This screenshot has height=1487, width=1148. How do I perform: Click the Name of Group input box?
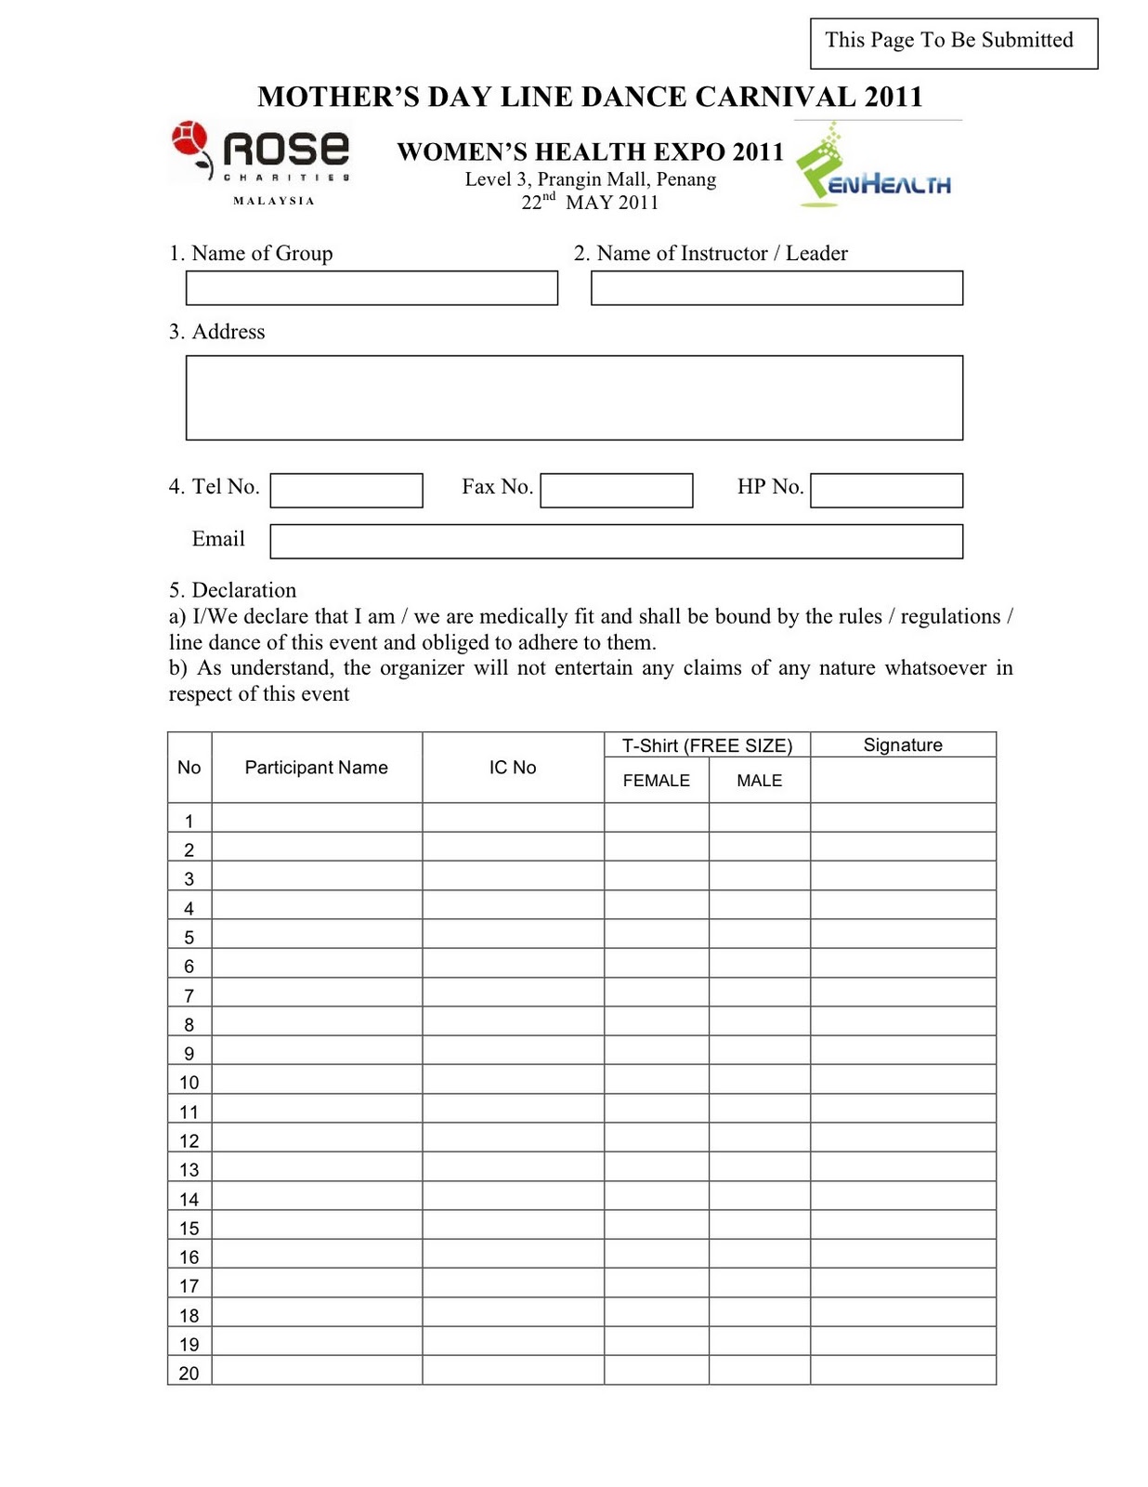pyautogui.click(x=372, y=288)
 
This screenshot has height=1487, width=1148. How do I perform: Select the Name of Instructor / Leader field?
pyautogui.click(x=776, y=288)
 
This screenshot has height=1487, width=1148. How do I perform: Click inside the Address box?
pyautogui.click(x=574, y=398)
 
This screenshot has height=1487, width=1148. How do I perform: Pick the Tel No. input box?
pyautogui.click(x=346, y=491)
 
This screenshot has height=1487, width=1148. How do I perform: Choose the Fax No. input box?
pyautogui.click(x=617, y=491)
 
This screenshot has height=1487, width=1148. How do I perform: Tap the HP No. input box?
pyautogui.click(x=886, y=491)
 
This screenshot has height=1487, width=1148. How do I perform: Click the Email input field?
pyautogui.click(x=616, y=542)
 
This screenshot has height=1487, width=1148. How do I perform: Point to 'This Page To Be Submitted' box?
pyautogui.click(x=953, y=43)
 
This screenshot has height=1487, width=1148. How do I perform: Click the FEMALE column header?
pyautogui.click(x=656, y=781)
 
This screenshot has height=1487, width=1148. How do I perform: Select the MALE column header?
pyautogui.click(x=759, y=781)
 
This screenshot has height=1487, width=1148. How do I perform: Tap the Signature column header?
pyautogui.click(x=903, y=745)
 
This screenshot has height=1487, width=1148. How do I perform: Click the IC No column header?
pyautogui.click(x=513, y=768)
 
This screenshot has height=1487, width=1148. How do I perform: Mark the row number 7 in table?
pyautogui.click(x=189, y=995)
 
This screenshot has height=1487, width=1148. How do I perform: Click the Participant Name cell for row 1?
pyautogui.click(x=317, y=819)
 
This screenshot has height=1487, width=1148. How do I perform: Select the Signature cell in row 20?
pyautogui.click(x=903, y=1371)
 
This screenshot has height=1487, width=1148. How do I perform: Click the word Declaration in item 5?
pyautogui.click(x=243, y=590)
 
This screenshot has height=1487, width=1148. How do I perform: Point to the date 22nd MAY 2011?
pyautogui.click(x=590, y=203)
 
